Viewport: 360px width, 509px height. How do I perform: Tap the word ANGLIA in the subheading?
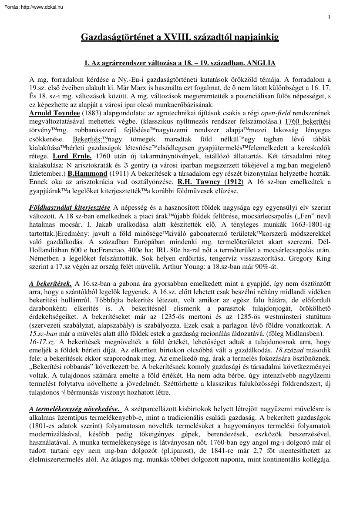261,63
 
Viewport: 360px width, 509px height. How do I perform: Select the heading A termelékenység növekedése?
74,409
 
